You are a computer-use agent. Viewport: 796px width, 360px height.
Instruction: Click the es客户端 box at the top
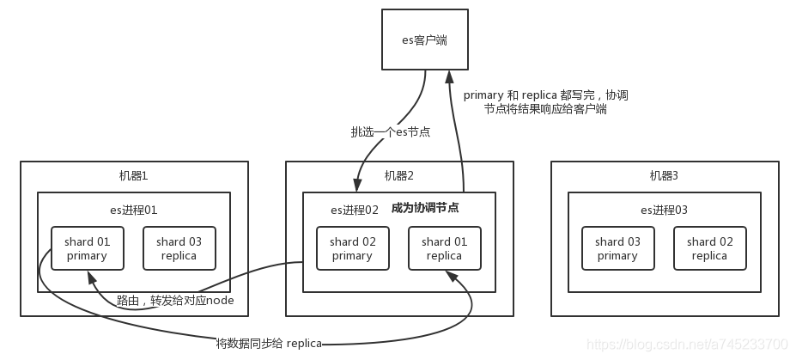click(425, 40)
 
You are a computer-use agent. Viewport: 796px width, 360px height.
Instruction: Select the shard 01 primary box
click(87, 248)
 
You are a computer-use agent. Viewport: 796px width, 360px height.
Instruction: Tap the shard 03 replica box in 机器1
click(179, 248)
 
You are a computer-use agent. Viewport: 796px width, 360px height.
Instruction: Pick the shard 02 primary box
click(352, 248)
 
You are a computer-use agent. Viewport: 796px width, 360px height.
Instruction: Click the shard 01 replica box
click(444, 248)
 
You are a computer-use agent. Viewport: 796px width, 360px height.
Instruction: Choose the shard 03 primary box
click(617, 248)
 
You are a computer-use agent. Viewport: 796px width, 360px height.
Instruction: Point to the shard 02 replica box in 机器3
click(709, 248)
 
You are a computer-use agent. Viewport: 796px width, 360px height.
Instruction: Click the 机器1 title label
click(134, 176)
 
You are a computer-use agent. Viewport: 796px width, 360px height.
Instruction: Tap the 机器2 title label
click(399, 176)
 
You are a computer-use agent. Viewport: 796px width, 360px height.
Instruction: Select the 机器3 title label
click(664, 176)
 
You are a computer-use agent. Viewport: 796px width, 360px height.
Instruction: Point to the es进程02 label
click(355, 210)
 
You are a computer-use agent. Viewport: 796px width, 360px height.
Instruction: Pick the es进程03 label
click(664, 210)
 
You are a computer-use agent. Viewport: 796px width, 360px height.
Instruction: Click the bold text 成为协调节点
click(424, 208)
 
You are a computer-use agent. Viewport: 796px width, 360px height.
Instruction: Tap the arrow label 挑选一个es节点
click(390, 131)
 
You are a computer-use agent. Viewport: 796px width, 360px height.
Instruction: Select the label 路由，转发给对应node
click(175, 301)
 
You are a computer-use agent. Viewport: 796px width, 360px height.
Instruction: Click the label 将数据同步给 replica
click(269, 344)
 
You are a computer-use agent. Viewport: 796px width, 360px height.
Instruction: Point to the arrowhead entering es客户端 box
click(447, 76)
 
